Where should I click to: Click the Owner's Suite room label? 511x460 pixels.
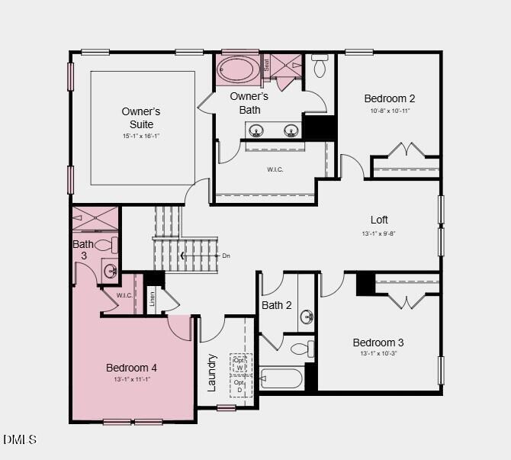click(141, 117)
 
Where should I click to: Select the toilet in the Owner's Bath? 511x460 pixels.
click(320, 67)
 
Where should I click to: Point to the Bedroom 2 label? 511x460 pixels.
click(389, 98)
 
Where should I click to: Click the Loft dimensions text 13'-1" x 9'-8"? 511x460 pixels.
click(379, 233)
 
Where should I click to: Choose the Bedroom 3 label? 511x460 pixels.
click(378, 343)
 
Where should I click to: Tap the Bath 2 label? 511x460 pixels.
click(277, 305)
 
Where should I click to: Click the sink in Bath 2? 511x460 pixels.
click(307, 316)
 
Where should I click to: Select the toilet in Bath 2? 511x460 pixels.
click(302, 349)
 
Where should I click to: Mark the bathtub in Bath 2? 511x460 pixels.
click(281, 378)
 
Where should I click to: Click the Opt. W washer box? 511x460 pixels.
click(239, 364)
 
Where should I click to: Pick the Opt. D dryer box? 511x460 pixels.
click(239, 386)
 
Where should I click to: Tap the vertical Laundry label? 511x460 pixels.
click(213, 372)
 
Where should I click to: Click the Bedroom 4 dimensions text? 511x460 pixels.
click(132, 379)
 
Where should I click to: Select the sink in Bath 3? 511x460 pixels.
click(111, 270)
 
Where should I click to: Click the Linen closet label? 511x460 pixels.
click(152, 299)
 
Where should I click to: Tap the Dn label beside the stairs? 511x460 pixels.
click(226, 256)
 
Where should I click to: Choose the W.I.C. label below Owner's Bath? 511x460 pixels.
click(275, 169)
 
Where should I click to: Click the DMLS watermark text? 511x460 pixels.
click(20, 439)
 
